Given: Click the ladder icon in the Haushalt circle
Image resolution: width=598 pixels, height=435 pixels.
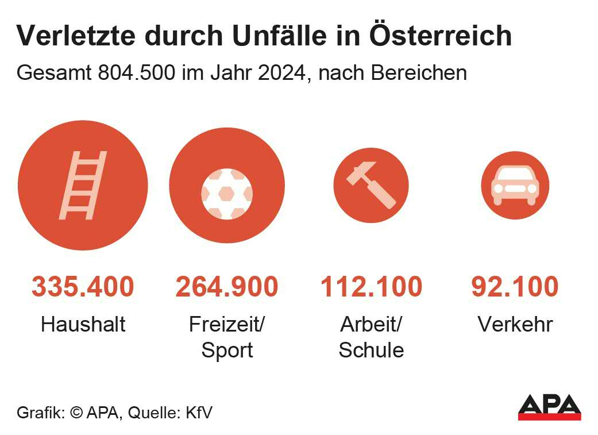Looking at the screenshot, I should pyautogui.click(x=83, y=185).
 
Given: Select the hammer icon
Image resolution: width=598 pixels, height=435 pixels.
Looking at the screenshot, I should pyautogui.click(x=371, y=184).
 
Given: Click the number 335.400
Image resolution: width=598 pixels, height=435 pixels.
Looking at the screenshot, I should pyautogui.click(x=83, y=287).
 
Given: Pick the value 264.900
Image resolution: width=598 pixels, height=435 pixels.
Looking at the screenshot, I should pyautogui.click(x=227, y=287).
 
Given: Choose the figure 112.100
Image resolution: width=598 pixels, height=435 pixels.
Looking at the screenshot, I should pyautogui.click(x=371, y=287).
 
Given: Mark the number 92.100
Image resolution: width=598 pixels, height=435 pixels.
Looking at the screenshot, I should pyautogui.click(x=515, y=287).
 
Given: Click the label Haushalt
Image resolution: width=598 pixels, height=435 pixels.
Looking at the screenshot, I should pyautogui.click(x=83, y=325).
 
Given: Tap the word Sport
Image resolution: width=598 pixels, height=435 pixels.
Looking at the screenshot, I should pyautogui.click(x=227, y=351).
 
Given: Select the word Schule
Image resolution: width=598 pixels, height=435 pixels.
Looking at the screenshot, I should pyautogui.click(x=371, y=351).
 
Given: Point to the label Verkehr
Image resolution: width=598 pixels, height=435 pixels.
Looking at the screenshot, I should pyautogui.click(x=515, y=325).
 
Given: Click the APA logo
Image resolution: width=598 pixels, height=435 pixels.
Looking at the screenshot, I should pyautogui.click(x=549, y=407).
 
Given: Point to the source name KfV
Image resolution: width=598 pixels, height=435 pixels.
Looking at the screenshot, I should pyautogui.click(x=199, y=413).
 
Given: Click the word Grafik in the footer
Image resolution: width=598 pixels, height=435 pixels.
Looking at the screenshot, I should pyautogui.click(x=39, y=413).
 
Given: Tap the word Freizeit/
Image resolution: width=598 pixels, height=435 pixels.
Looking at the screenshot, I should pyautogui.click(x=227, y=325).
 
